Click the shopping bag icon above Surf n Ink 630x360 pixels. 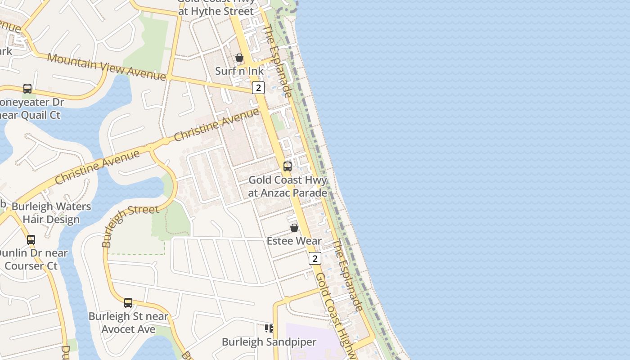pos(239,58)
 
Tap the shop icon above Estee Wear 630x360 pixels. pos(294,228)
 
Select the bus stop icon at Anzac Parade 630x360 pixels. pos(288,166)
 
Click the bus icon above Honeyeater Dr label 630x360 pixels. pos(27,89)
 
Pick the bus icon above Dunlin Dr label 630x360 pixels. pos(31,240)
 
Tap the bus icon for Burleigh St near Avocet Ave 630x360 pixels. pos(128,303)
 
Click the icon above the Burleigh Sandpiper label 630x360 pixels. pos(269,328)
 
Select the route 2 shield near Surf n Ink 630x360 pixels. pos(258,87)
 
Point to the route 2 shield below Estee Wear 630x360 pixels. pos(315,258)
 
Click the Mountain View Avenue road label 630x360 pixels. pos(106,67)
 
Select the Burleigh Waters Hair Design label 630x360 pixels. pos(51,213)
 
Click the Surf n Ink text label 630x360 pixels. pos(239,71)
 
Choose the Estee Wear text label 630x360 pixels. pos(294,241)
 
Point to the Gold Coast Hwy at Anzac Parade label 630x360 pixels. pos(288,186)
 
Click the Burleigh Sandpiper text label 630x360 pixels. pos(269,342)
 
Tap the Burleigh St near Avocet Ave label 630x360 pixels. pos(128,323)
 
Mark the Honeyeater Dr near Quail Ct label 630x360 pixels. pos(31,108)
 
